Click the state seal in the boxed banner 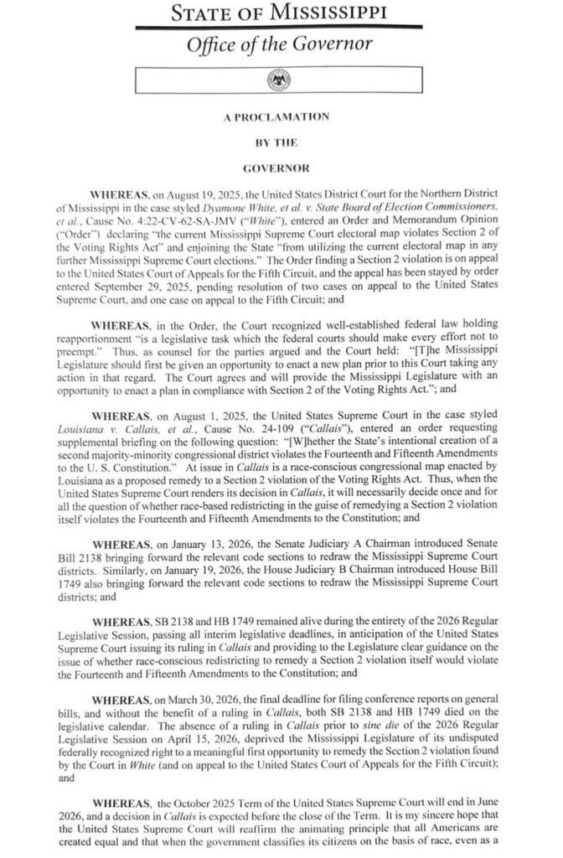(277, 80)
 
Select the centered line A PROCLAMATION (276, 117)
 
